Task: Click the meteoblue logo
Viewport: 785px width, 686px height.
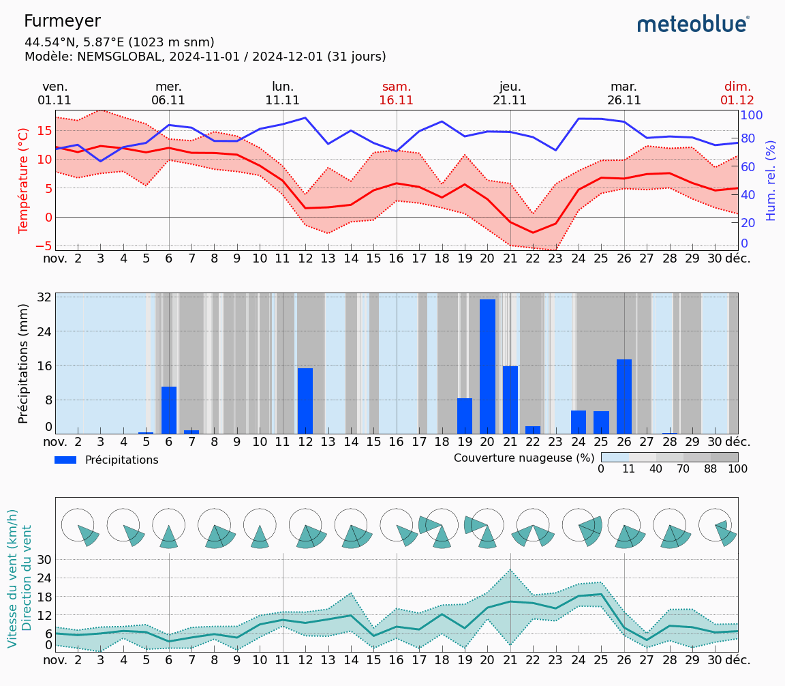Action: coord(693,25)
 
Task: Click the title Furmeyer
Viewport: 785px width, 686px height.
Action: coord(62,21)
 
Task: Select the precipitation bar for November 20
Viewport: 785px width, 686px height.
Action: coord(487,366)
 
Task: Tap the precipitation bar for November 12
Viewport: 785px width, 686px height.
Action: coord(305,400)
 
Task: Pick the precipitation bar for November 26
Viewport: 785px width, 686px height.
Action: coord(624,396)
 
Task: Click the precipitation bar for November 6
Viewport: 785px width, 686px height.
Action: coord(169,410)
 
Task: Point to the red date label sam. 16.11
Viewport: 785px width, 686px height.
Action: coord(397,93)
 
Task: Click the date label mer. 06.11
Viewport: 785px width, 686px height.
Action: coord(168,93)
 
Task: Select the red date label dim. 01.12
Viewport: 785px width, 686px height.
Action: coord(737,93)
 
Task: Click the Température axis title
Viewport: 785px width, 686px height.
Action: coord(24,180)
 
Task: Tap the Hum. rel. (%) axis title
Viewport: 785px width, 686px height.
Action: coord(771,180)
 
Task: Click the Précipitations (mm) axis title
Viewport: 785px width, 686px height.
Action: coord(24,363)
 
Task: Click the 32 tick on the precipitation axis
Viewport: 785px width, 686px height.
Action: coord(44,297)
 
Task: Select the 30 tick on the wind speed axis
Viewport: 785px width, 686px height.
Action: coord(44,559)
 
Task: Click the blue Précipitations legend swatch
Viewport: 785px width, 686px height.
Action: coord(66,460)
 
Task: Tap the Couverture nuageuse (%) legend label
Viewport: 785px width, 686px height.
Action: coord(524,458)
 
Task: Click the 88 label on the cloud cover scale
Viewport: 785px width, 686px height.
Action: coord(711,468)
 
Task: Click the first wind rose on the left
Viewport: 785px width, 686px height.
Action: coord(79,527)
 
